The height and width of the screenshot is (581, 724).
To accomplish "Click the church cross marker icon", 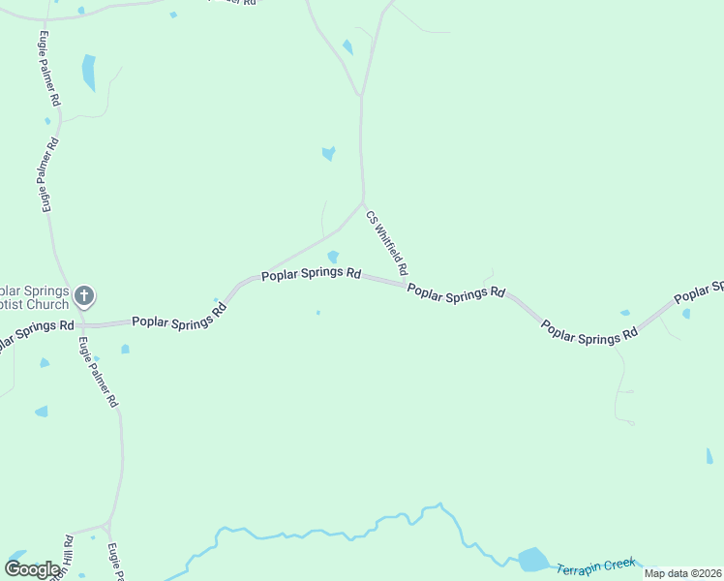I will point(84,294).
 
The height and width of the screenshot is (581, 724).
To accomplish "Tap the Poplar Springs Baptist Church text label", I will point(35,298).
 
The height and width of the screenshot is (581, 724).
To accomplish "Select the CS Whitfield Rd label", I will point(387,242).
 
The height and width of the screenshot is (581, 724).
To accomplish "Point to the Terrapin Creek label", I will point(596,564).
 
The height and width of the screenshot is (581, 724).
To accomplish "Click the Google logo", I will point(33,569).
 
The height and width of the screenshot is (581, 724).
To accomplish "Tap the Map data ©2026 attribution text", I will point(681,573).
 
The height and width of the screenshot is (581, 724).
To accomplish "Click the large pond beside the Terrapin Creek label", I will point(533,560).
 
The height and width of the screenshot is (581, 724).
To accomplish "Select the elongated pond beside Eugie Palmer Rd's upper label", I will point(89,72).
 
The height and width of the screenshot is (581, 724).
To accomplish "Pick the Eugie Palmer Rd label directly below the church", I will point(98,371).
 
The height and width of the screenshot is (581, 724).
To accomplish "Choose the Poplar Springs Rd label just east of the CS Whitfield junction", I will point(456,291).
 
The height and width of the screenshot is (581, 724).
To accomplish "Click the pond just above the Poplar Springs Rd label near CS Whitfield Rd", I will point(333,257).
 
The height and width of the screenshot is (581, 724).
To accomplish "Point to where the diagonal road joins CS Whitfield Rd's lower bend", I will point(363,204).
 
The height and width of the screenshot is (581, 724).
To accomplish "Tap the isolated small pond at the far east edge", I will point(709,455).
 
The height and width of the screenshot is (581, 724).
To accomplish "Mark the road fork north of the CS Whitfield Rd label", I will point(361,95).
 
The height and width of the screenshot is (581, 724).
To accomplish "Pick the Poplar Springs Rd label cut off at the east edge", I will point(699,291).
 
